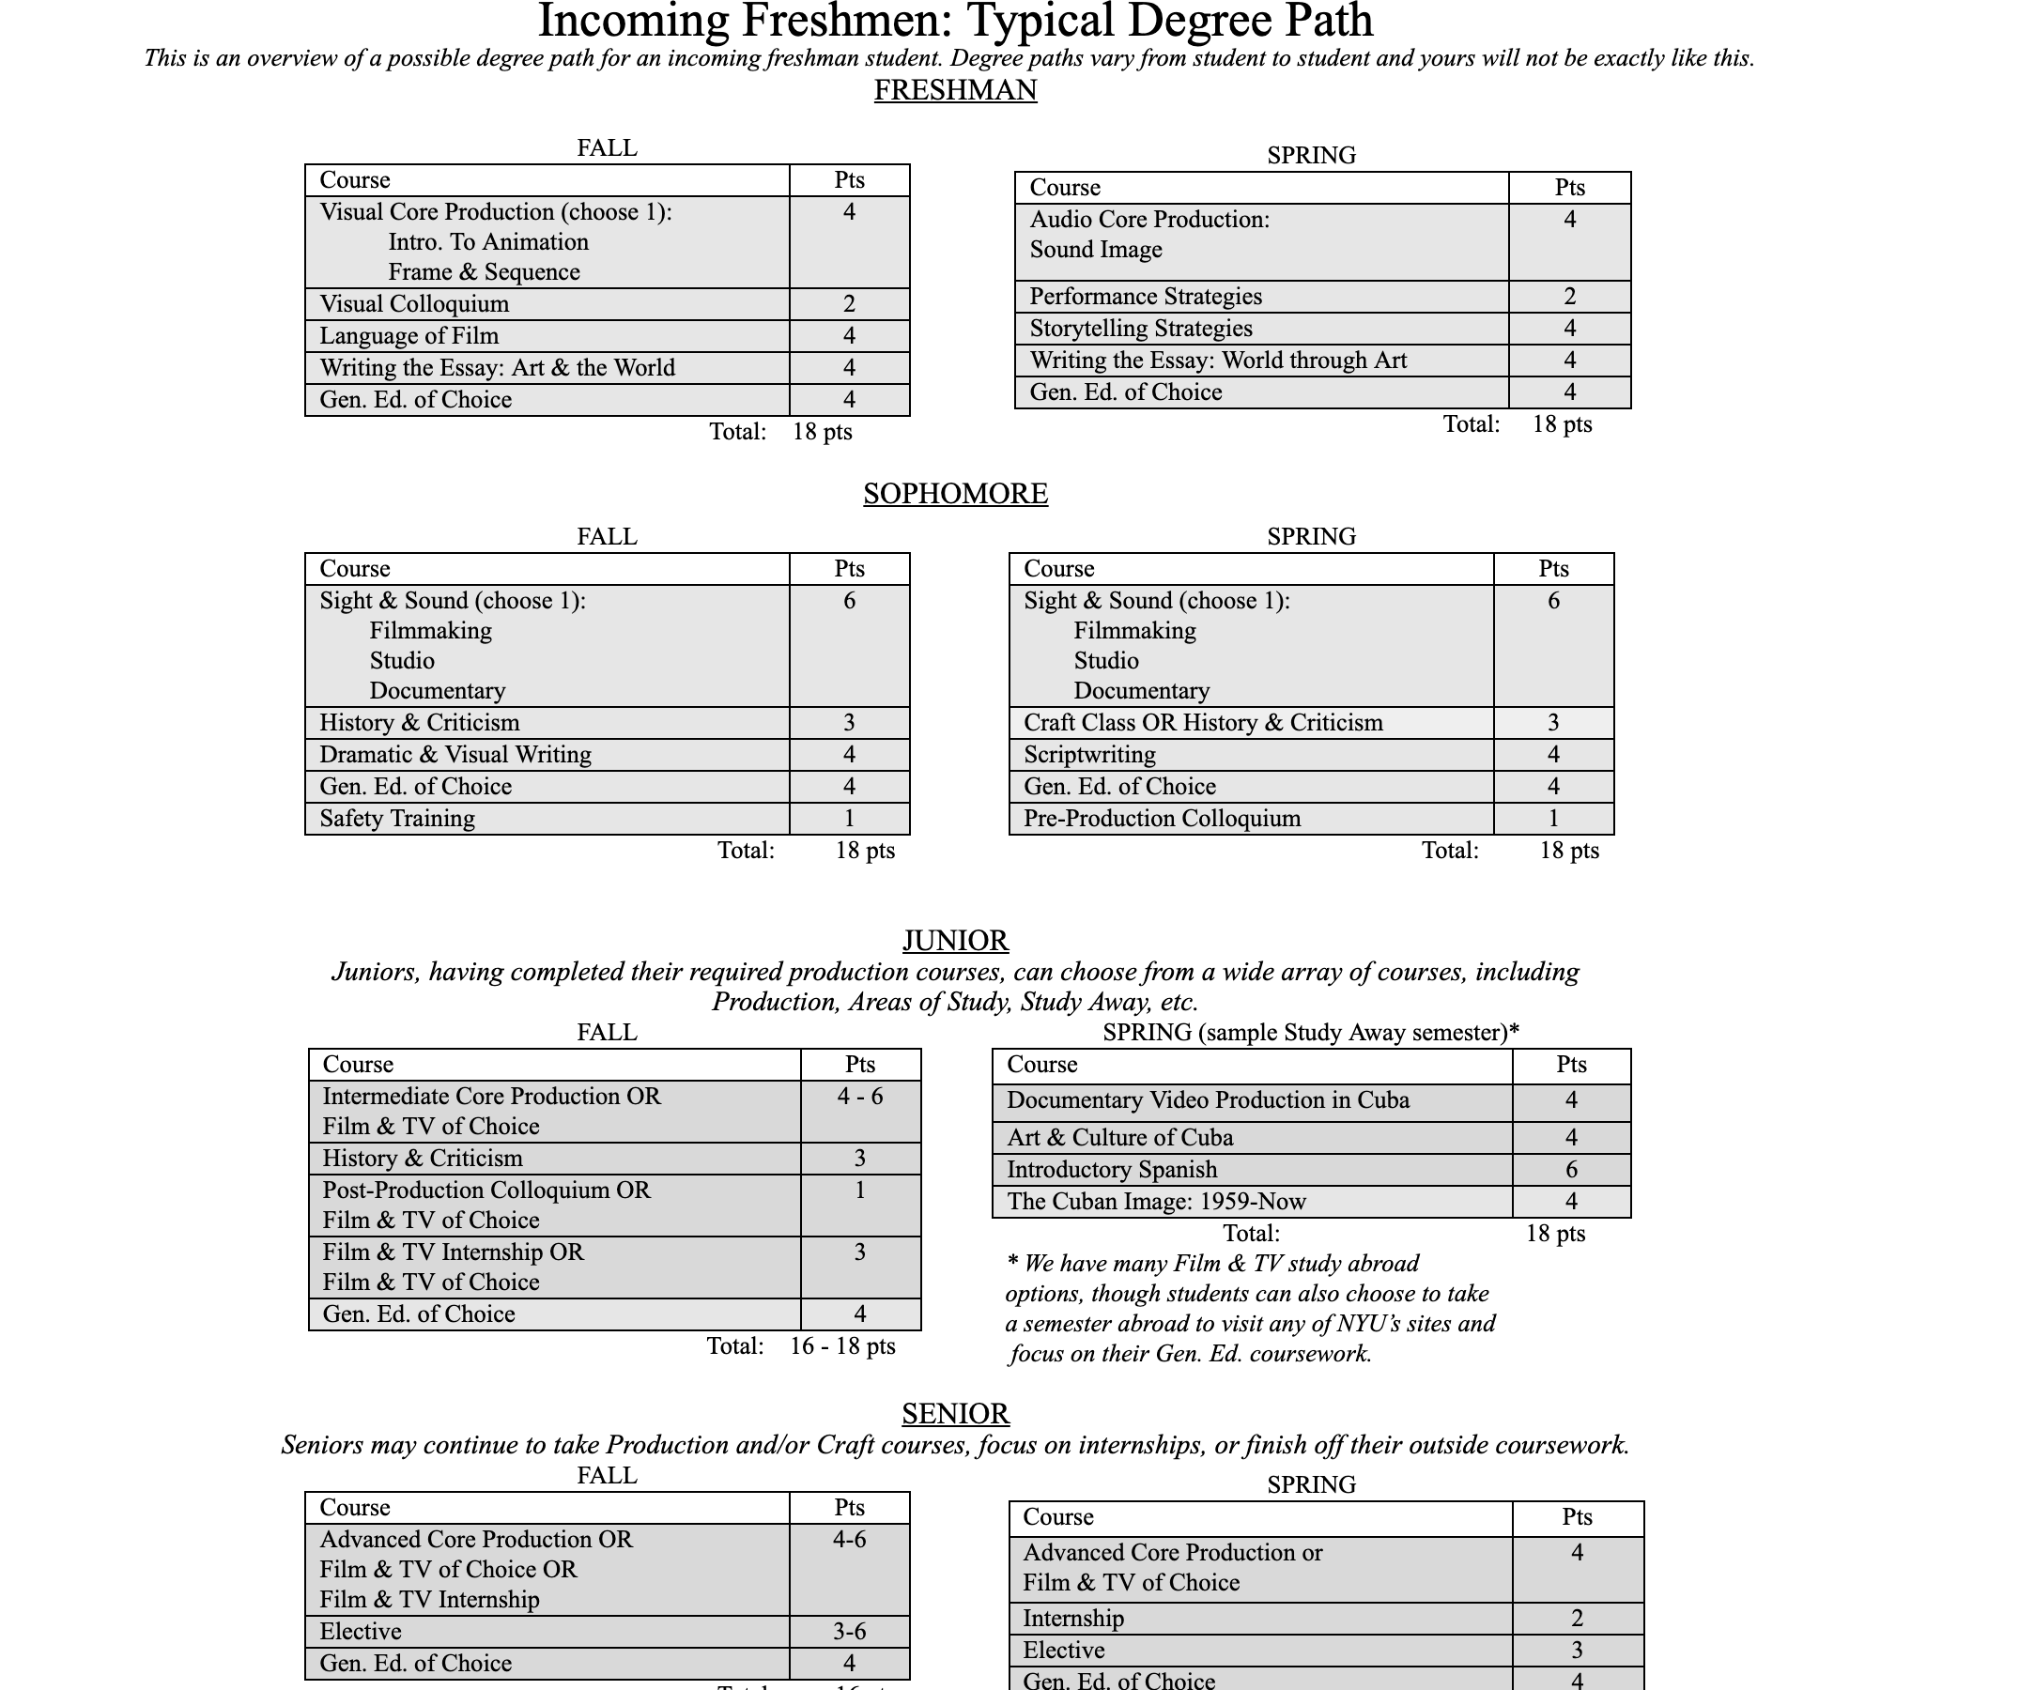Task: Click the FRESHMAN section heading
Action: pos(955,90)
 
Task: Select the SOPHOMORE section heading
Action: pos(955,494)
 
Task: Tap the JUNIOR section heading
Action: pos(955,940)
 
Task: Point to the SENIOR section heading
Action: pos(955,1414)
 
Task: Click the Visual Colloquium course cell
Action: pos(414,305)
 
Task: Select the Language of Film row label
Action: pos(408,336)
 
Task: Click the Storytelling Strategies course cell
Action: pos(1140,329)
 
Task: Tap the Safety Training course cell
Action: pos(397,819)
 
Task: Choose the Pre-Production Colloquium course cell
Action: pos(1162,819)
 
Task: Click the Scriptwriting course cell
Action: pos(1089,756)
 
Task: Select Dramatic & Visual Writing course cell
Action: pos(455,756)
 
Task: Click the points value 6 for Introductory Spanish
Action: pos(1571,1170)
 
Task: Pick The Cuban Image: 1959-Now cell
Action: pos(1156,1202)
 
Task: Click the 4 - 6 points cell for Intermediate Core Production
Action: pos(859,1097)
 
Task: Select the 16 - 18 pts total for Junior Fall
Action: pos(842,1345)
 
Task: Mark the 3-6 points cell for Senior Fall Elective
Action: pos(849,1632)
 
